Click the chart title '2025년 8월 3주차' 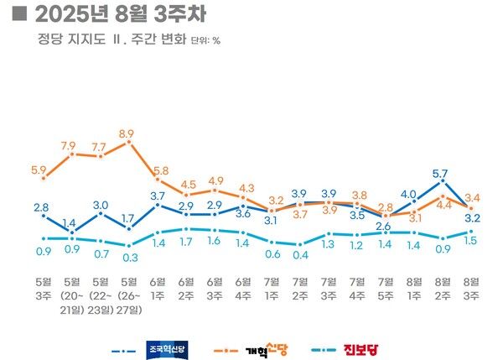point(117,14)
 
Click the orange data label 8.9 point(127,132)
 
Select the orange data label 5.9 point(39,169)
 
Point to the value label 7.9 point(72,144)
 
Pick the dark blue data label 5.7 point(441,173)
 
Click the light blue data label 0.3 point(128,256)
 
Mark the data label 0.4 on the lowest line point(299,255)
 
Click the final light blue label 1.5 point(471,241)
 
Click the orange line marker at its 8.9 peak point(128,143)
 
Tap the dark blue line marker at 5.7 point(442,182)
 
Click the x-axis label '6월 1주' point(157,287)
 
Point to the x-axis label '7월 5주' point(386,287)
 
